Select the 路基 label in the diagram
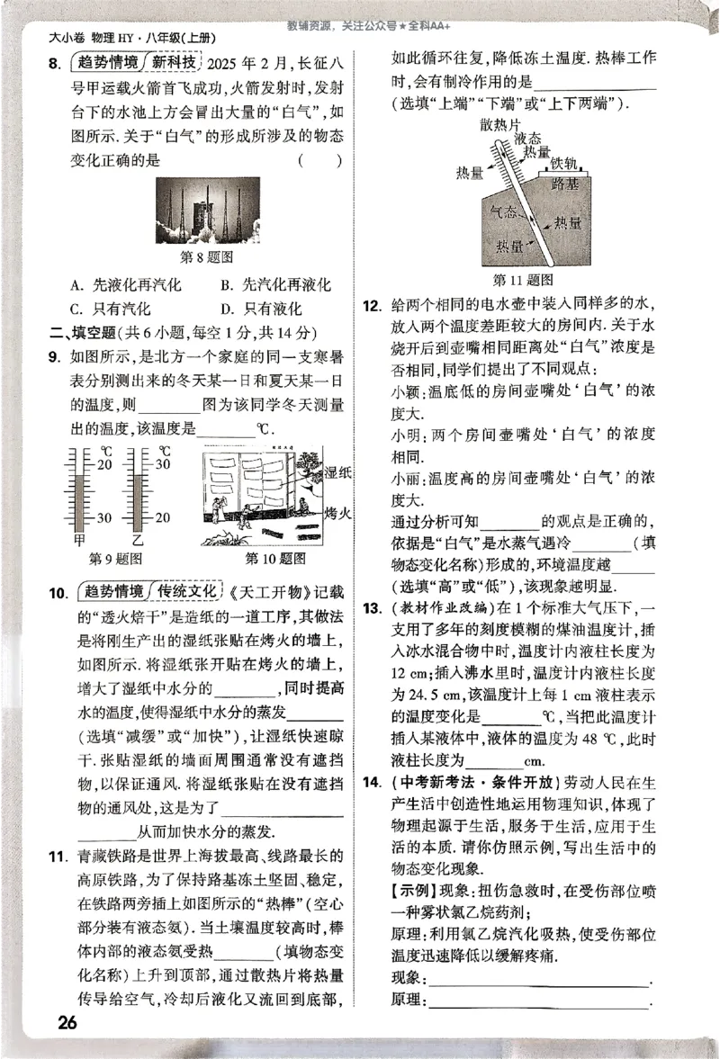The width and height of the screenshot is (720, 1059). [564, 184]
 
